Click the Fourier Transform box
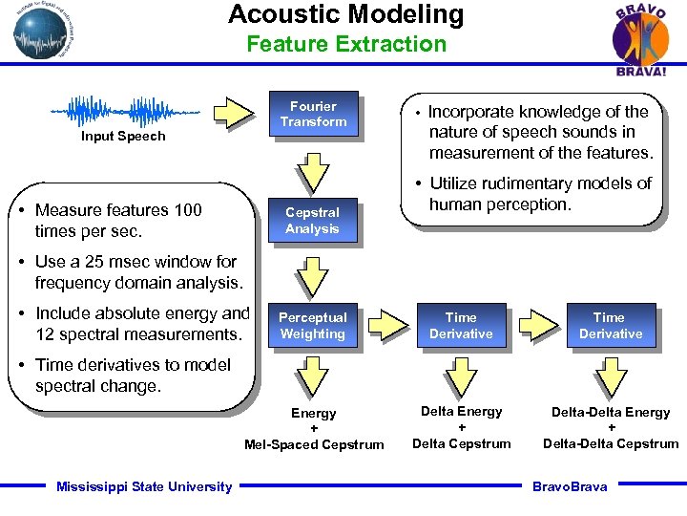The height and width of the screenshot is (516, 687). (313, 115)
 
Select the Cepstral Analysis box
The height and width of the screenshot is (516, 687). (312, 221)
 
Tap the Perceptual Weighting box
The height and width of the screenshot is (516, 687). (312, 326)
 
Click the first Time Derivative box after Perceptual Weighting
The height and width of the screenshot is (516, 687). (461, 326)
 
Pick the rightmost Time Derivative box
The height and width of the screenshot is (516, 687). (610, 326)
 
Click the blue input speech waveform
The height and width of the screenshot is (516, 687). (124, 111)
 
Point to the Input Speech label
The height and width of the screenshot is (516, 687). (123, 137)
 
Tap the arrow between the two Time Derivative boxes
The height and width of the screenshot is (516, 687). (537, 325)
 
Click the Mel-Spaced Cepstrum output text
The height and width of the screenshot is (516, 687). (314, 444)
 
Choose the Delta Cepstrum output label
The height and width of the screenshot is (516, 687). (462, 443)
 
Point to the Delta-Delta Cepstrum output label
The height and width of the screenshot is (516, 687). (611, 443)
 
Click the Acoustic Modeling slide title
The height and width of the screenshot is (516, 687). (345, 15)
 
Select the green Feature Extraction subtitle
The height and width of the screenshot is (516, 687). (345, 44)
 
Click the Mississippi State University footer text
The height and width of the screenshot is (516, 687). (144, 487)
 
